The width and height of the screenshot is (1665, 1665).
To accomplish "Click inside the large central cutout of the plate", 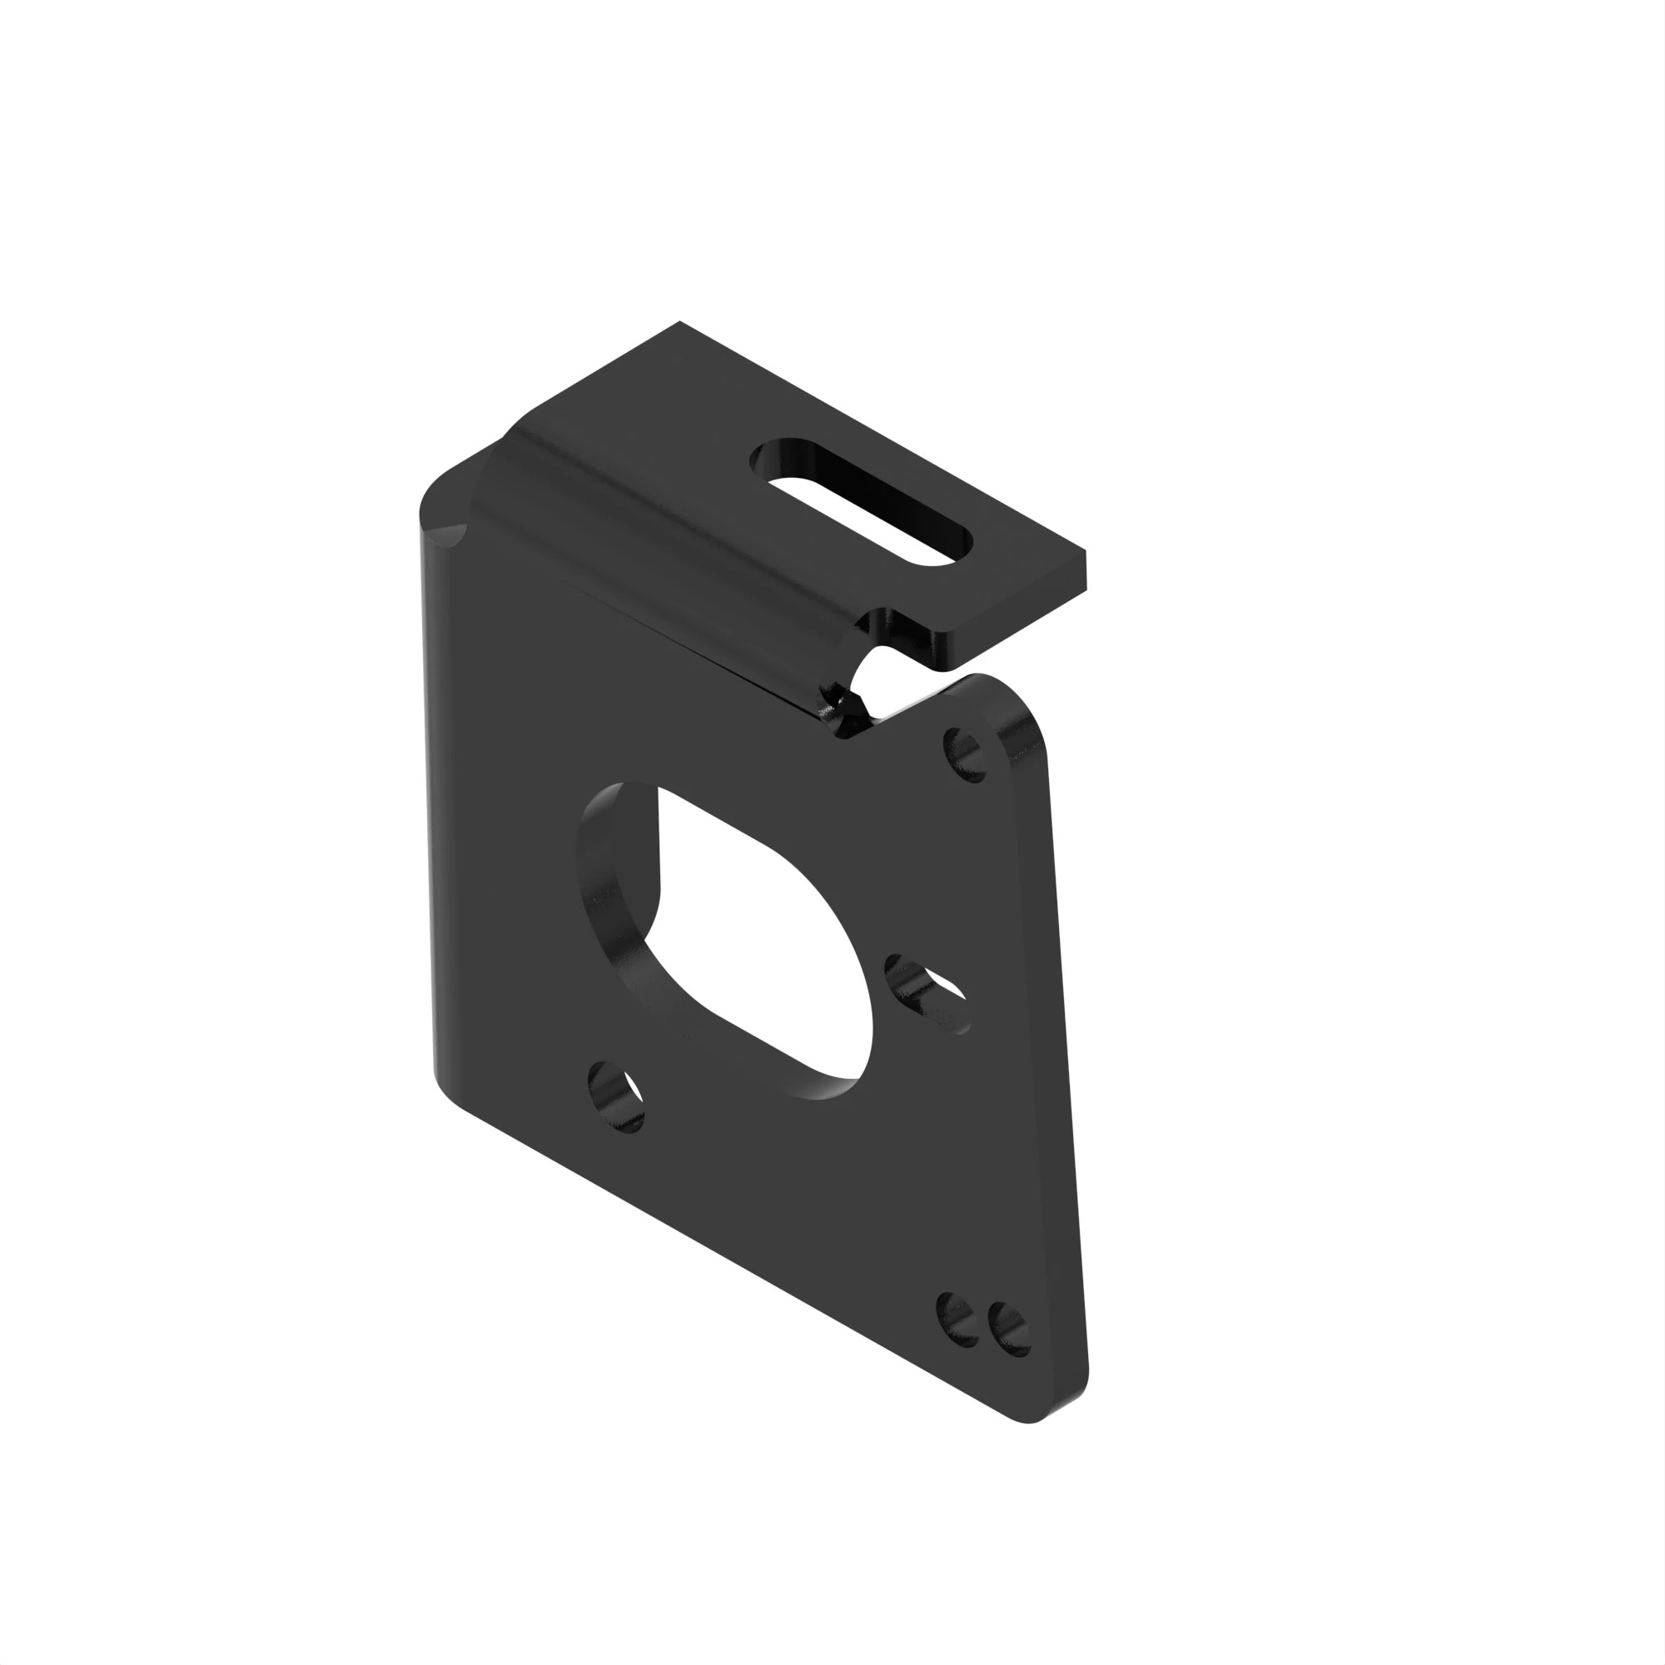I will pos(758,939).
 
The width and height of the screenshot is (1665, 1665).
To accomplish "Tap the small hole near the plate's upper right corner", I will pos(965,754).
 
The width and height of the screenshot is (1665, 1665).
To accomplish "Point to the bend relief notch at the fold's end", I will pos(849,703).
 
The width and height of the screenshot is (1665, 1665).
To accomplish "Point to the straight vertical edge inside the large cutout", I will pos(659,840).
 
